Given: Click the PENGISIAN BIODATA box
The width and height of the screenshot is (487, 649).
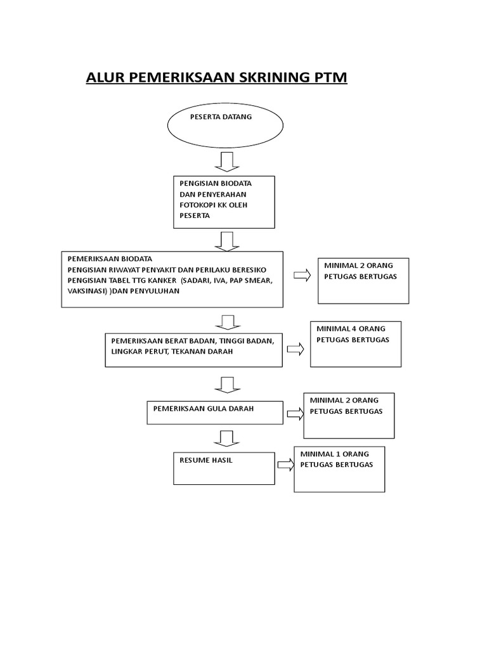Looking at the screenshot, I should [224, 202].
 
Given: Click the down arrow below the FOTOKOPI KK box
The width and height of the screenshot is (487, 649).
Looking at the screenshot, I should [225, 241].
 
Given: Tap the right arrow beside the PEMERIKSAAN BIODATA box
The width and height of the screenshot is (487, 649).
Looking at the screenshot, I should [301, 275].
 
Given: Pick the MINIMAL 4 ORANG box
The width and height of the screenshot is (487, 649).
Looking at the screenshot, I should [355, 344].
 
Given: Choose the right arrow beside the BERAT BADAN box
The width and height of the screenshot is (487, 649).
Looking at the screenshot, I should [295, 349].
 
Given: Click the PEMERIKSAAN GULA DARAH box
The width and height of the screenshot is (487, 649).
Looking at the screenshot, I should [214, 413].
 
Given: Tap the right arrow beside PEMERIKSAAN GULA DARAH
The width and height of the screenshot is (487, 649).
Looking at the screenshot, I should [294, 413].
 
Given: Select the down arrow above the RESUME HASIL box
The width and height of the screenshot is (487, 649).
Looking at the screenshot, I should [225, 437].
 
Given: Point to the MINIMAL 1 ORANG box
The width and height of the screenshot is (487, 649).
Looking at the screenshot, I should [339, 469].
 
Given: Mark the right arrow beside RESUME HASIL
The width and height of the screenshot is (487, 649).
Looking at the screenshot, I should [285, 464].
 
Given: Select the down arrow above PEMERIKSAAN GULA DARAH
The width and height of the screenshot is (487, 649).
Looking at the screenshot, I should [225, 385].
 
